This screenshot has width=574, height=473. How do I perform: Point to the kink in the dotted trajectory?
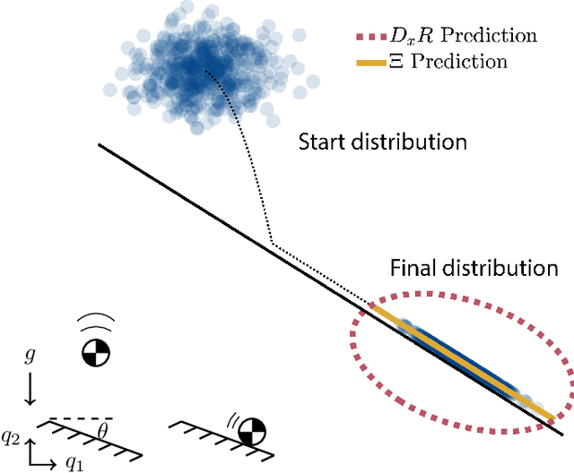coord(272,242)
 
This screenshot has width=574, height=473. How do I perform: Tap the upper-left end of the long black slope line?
coord(99,144)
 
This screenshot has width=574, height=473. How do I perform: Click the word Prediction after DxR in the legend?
coord(491,37)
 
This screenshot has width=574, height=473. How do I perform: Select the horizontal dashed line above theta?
coord(80,417)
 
